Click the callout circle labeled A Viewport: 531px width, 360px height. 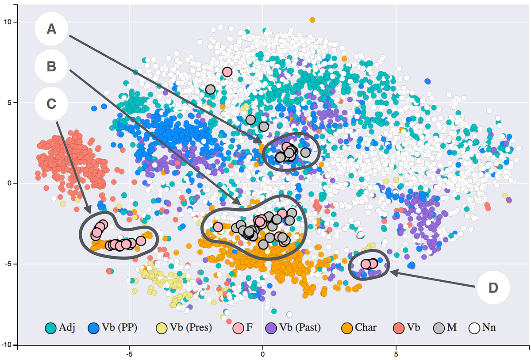click(51, 29)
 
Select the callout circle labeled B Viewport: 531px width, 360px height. click(51, 66)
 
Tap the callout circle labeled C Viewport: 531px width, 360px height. click(51, 103)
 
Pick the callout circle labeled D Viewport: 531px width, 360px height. click(493, 287)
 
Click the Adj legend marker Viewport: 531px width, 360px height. click(50, 328)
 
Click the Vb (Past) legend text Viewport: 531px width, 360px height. click(300, 328)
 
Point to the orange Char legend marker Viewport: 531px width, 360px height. click(348, 328)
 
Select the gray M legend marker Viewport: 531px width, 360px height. click(439, 328)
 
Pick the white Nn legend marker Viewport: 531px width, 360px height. click(475, 328)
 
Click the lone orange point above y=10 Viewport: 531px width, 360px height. click(312, 20)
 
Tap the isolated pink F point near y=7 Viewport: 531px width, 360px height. click(227, 72)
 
